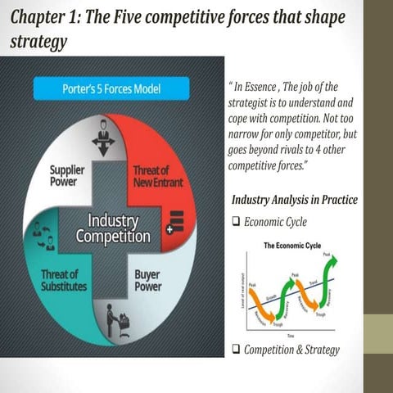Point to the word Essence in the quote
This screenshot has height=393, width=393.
point(267,88)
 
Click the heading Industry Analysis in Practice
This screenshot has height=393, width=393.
point(295,201)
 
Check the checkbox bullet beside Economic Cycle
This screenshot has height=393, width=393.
point(236,221)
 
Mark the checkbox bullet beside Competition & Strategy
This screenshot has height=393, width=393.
point(236,351)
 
